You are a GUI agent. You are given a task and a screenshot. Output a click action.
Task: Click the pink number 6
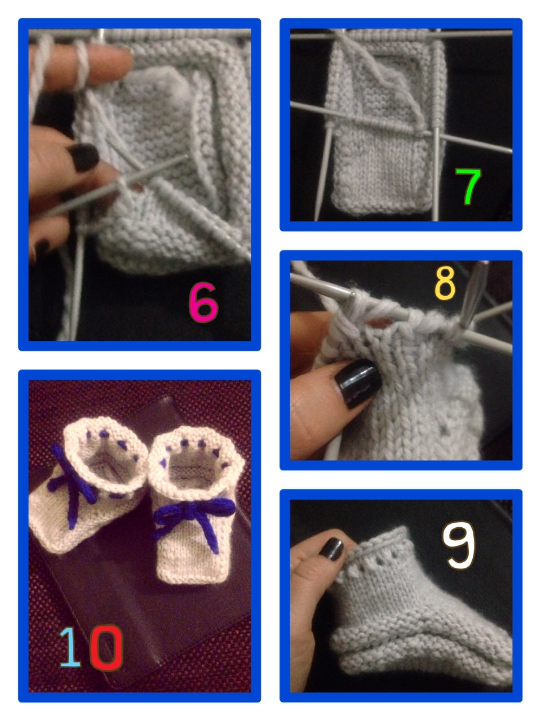point(203,302)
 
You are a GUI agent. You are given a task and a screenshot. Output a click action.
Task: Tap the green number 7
point(468,186)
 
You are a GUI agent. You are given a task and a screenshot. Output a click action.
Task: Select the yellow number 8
point(445,283)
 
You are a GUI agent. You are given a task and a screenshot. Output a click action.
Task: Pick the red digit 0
point(106,647)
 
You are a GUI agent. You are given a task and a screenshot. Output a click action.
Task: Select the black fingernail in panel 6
point(84,157)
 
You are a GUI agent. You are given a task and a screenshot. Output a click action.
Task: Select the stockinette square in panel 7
point(381,171)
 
